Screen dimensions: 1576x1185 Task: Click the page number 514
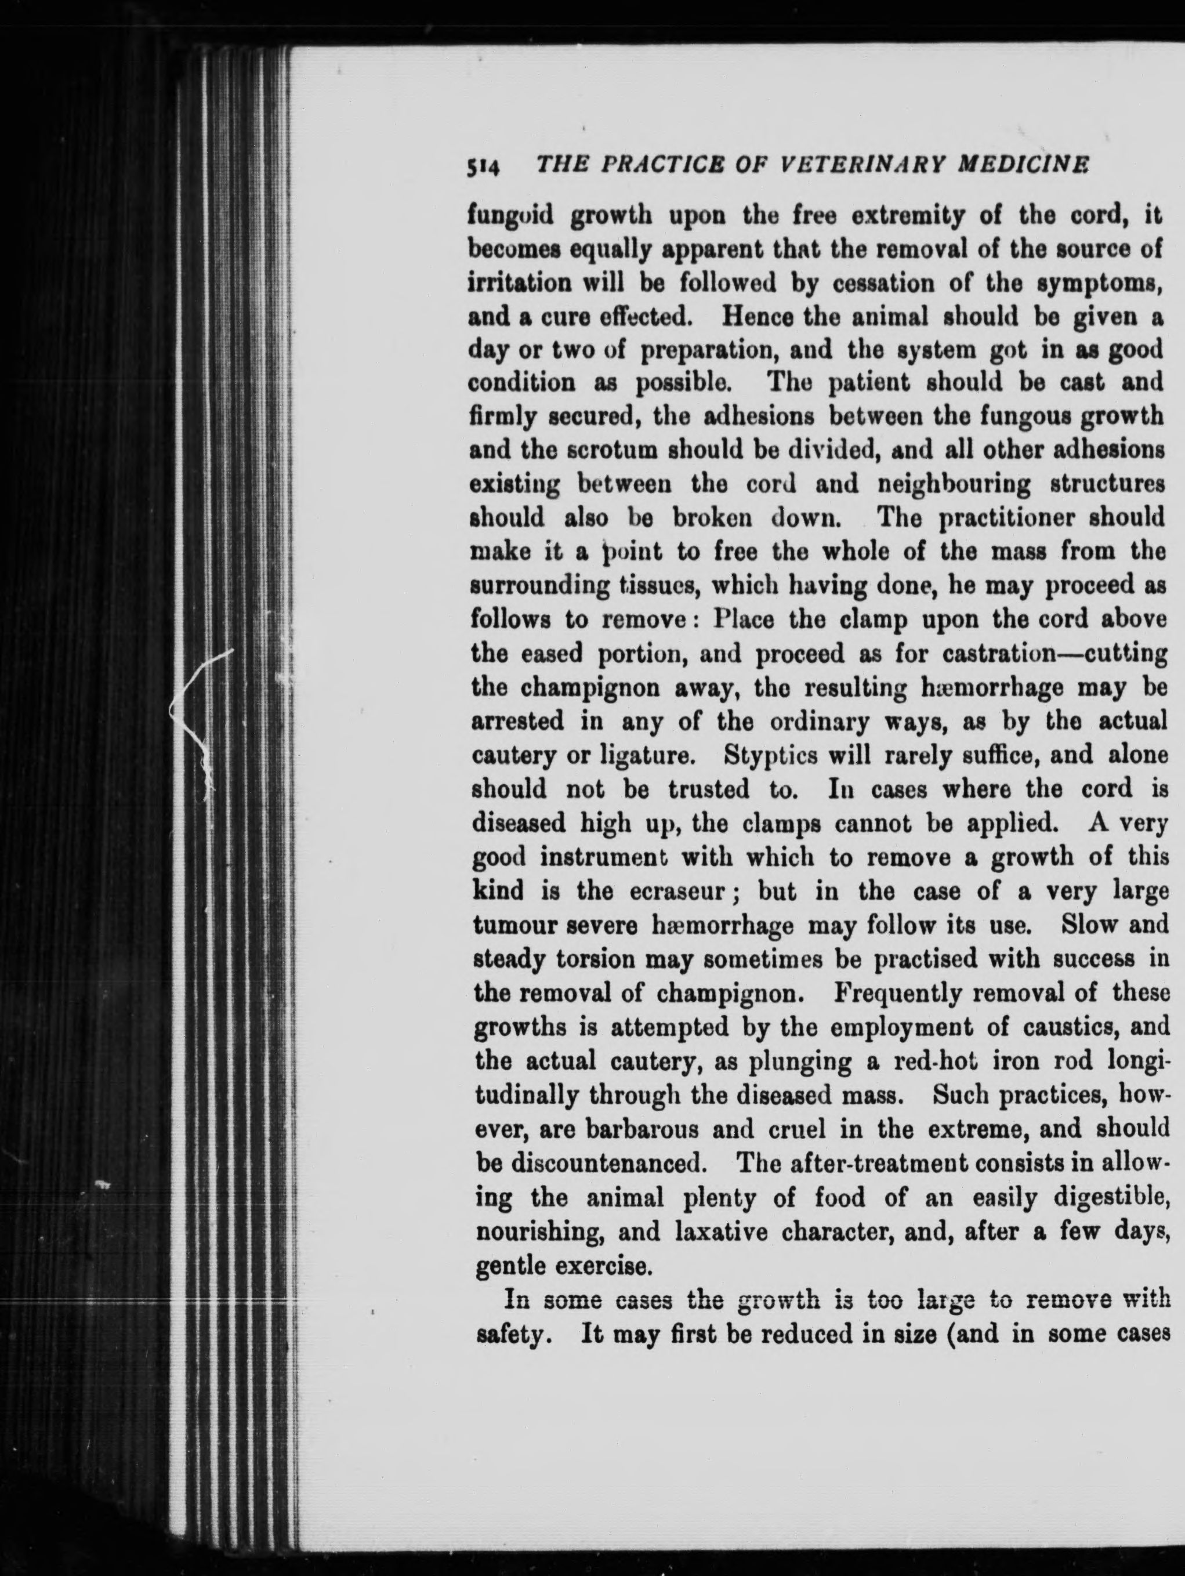pyautogui.click(x=484, y=168)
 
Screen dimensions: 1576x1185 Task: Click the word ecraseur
pyautogui.click(x=688, y=890)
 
